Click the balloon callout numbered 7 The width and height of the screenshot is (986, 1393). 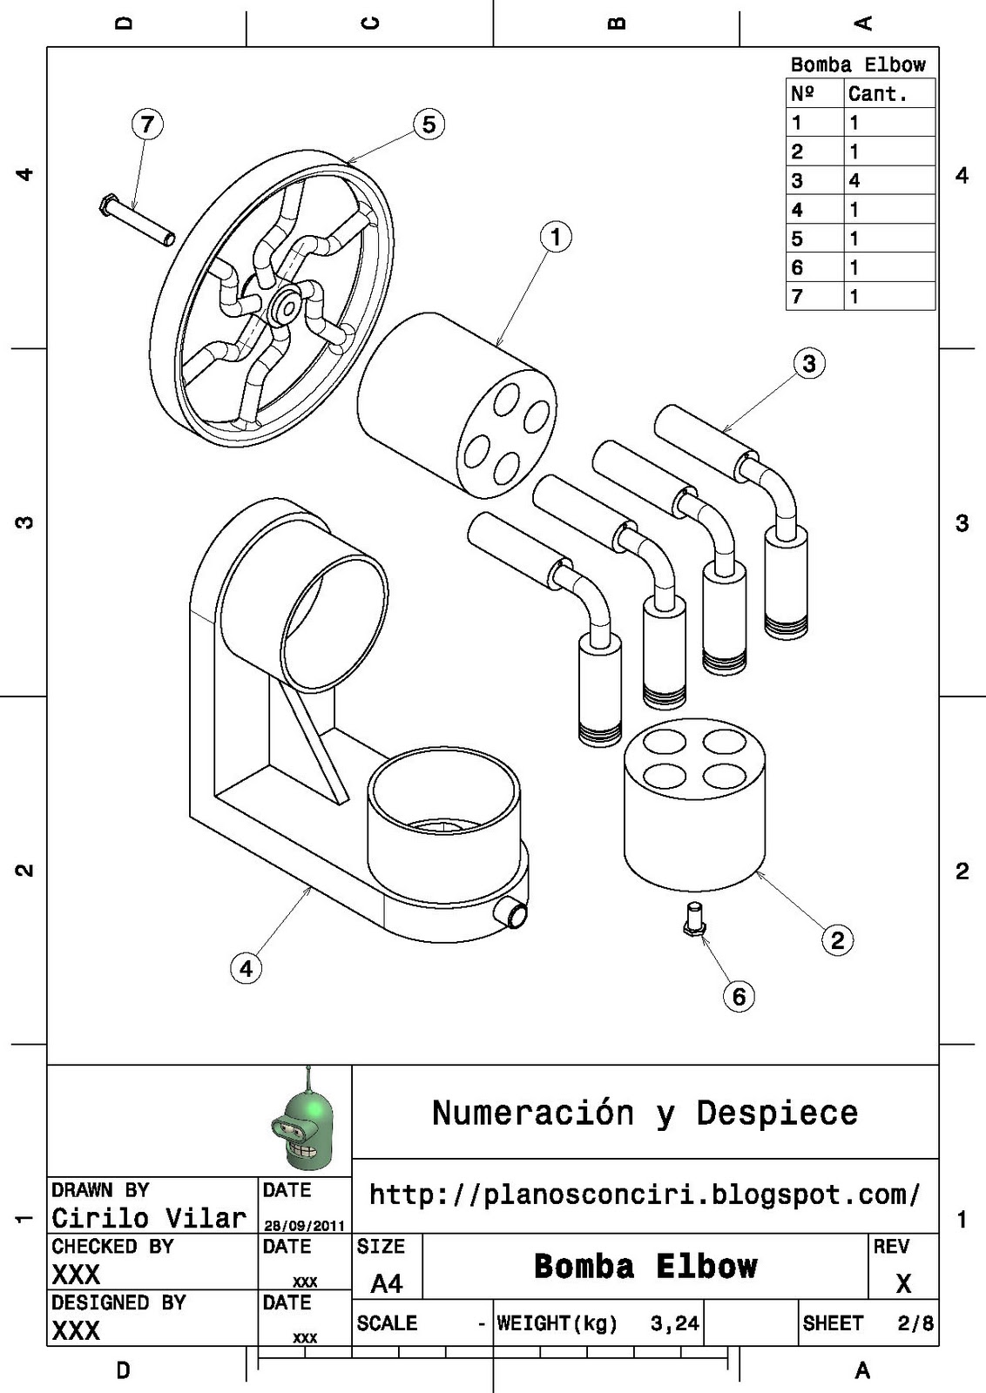[147, 124]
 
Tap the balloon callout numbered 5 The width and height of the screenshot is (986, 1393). [429, 124]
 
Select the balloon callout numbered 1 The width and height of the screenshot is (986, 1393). [556, 237]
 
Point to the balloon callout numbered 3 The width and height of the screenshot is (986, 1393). [809, 363]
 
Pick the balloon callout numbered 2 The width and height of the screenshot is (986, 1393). [837, 939]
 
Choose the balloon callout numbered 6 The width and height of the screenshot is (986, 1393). [739, 996]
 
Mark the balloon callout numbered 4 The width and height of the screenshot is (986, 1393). [246, 968]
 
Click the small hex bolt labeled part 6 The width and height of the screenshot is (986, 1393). [693, 919]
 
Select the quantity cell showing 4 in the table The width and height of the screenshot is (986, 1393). [854, 180]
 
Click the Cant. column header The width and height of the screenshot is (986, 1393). [877, 94]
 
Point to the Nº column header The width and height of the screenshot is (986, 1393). [802, 94]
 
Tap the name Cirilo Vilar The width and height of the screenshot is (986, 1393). [149, 1217]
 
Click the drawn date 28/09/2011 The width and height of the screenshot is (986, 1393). [305, 1225]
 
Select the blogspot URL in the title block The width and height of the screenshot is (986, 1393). [645, 1194]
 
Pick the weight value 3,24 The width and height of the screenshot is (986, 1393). [674, 1323]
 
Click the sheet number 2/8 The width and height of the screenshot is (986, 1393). [915, 1323]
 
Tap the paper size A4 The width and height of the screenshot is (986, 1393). [387, 1283]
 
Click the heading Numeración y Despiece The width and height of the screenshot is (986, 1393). [645, 1113]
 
